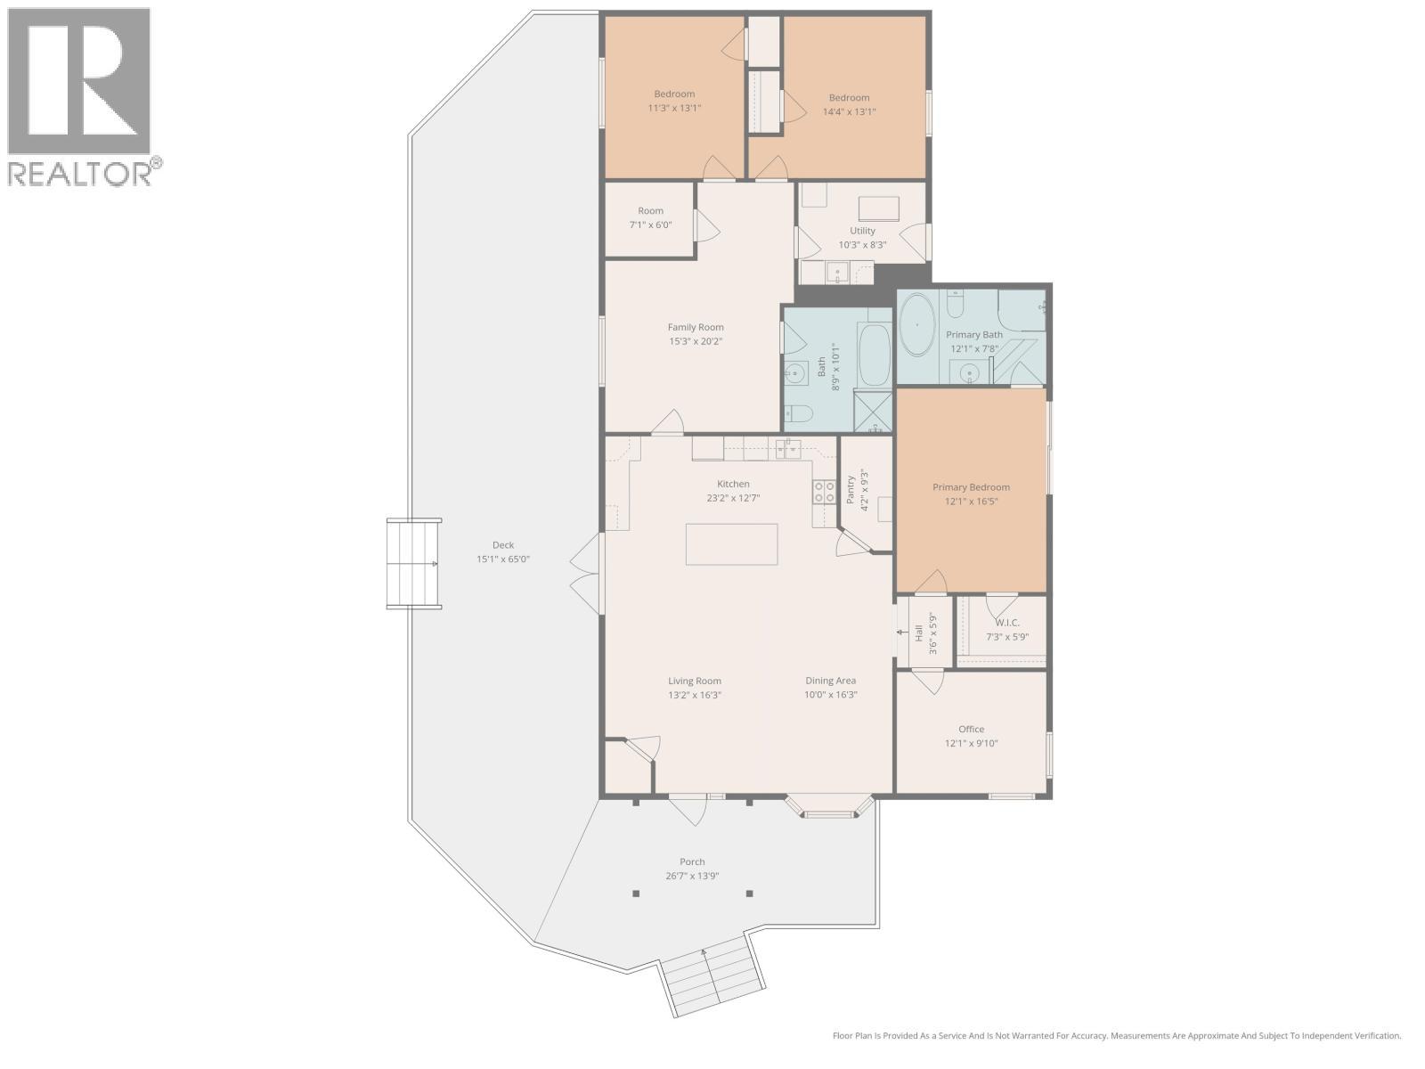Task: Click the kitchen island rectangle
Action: coord(731,544)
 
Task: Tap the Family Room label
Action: coord(696,327)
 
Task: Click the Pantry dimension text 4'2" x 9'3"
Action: coord(863,489)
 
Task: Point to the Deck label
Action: coord(503,545)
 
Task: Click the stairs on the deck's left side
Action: coord(414,564)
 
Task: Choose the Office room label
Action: coord(971,729)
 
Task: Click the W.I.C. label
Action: coord(1006,623)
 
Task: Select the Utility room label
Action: coord(862,231)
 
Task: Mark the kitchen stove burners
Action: coord(824,492)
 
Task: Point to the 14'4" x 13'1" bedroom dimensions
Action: coord(849,112)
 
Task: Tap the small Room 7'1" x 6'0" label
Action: coord(650,211)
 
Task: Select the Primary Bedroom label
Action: coord(971,487)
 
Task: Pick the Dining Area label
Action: coord(830,681)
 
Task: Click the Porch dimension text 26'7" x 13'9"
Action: coord(692,876)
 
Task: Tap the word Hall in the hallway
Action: coord(918,634)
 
